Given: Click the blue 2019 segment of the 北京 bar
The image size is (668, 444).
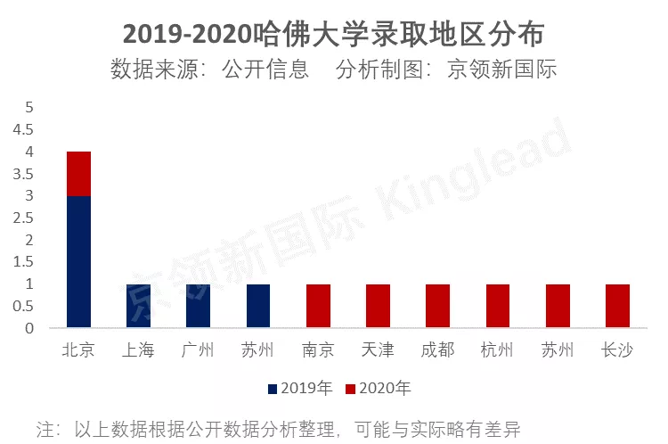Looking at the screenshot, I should coord(78,261).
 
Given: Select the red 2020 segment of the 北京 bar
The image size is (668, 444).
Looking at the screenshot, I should coord(78,174).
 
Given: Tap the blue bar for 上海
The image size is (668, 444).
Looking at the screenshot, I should coord(138,306).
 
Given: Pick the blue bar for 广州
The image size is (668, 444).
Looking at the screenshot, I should coord(198,306).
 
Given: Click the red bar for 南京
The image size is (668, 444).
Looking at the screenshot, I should coord(318,306).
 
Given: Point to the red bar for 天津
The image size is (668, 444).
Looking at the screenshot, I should coord(378,306).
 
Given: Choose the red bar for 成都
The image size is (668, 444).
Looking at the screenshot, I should coord(437,306).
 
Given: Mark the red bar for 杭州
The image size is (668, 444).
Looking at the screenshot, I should coord(498,306).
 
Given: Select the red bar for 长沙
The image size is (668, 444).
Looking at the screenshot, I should coord(617,306).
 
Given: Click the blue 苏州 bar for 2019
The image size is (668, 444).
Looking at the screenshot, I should coord(258,306).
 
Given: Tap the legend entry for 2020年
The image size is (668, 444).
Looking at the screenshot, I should coord(379,389).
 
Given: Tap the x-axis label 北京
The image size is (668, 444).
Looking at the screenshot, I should coord(78,350).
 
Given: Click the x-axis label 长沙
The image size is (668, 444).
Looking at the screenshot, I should coord(617,350).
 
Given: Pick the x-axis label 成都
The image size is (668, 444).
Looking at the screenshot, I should coord(437,350).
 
